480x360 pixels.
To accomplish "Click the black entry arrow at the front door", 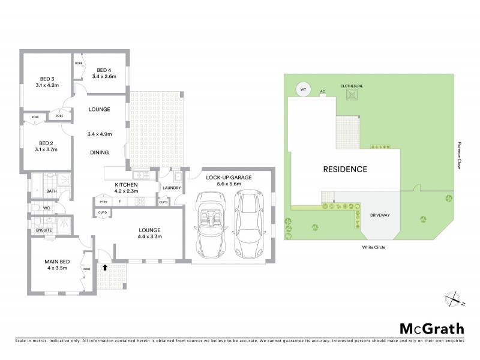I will tap(106, 268).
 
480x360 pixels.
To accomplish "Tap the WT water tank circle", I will tap(303, 90).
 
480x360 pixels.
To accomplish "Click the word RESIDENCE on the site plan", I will tap(345, 169).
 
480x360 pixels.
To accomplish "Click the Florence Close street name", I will tap(460, 156).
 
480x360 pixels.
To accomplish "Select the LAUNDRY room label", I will tap(171, 188).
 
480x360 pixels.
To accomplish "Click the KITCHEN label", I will tap(127, 185).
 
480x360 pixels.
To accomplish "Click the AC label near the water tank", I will tap(322, 92).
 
